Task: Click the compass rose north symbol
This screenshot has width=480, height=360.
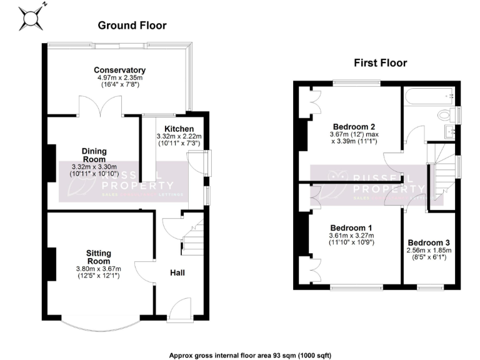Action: tap(31, 17)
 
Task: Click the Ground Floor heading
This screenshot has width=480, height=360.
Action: tap(132, 26)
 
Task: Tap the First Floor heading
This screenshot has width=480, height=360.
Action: tap(380, 62)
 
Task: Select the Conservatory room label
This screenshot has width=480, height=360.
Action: tap(120, 70)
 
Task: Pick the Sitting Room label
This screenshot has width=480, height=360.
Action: tap(99, 257)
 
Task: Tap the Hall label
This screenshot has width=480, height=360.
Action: tap(177, 272)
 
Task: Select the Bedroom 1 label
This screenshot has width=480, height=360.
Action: tap(351, 227)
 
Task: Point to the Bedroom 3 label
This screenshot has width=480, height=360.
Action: tap(428, 242)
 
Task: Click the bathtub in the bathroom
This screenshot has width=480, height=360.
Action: tap(427, 96)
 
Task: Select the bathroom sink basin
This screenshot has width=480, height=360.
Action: tap(450, 132)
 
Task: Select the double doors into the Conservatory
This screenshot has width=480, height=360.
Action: tap(100, 106)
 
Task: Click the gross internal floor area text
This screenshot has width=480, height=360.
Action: tap(240, 354)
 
